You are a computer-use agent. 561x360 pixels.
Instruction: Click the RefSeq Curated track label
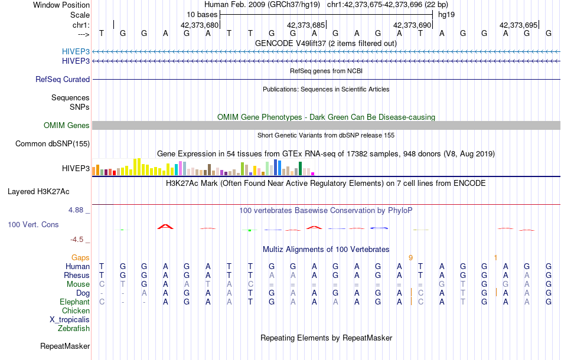[63, 79]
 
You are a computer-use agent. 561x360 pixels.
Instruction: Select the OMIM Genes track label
[67, 125]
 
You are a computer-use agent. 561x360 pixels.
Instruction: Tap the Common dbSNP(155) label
[53, 143]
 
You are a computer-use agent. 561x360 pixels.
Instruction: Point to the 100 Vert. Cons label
[33, 225]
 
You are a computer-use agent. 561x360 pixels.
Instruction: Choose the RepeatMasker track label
[65, 346]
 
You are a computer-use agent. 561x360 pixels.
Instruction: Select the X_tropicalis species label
[70, 319]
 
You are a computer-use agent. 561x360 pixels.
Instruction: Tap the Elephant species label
[74, 302]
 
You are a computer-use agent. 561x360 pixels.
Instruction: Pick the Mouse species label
[78, 284]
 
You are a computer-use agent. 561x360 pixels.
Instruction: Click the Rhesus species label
[77, 275]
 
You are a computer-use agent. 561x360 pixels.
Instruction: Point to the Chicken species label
[76, 310]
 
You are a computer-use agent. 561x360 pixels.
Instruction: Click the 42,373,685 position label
[306, 25]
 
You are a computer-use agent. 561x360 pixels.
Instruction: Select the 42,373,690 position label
[412, 25]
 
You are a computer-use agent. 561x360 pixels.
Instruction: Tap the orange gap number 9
[410, 257]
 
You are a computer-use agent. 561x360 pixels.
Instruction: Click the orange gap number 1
[495, 257]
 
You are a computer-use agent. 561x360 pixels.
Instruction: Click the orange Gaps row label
[80, 257]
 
